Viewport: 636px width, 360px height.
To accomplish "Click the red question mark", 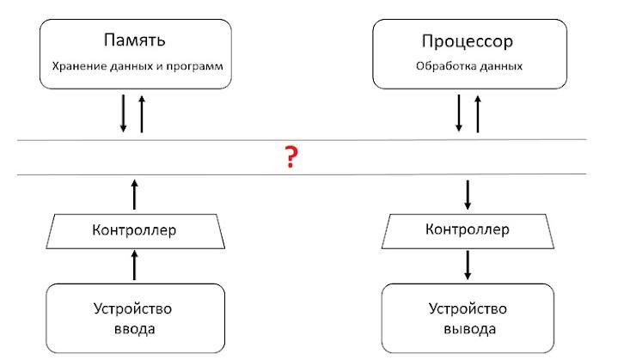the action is pos(291,157).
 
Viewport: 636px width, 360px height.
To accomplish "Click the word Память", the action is pos(135,40).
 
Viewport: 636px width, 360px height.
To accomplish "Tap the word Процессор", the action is pos(468,41).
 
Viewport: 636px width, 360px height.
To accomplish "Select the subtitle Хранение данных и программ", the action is pos(138,66).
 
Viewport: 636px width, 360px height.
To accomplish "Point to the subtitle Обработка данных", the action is pos(469,65).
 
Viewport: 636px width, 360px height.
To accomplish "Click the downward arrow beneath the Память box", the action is pos(123,113).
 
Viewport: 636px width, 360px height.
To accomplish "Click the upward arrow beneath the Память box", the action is pos(142,114).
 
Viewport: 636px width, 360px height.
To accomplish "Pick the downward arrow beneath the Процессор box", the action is pos(459,113).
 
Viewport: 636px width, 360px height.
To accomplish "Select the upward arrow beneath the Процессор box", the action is pos(478,114).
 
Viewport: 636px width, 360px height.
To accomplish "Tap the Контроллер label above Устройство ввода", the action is pos(134,230).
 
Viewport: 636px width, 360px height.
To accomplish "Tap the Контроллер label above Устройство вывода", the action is pos(468,229).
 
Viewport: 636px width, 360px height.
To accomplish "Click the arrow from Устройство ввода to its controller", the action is pos(135,265).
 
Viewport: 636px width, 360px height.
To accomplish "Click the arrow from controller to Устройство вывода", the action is pos(468,265).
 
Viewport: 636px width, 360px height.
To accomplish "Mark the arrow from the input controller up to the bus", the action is pos(135,194).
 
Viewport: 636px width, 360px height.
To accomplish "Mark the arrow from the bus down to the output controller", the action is pos(468,195).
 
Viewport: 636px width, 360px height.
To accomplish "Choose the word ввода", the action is pos(135,329).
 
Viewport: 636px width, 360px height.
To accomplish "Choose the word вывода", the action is pos(470,329).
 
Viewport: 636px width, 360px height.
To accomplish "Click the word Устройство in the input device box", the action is pos(132,309).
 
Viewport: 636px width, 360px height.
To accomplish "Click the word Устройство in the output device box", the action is pos(468,309).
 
